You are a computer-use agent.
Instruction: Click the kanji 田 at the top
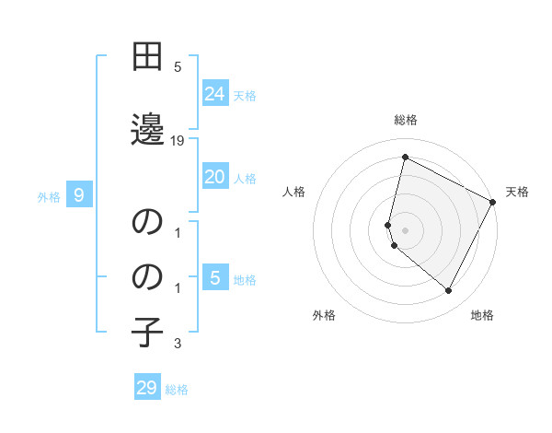coord(147,58)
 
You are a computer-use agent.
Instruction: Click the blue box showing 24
coord(215,93)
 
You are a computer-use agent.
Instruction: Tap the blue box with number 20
coord(215,176)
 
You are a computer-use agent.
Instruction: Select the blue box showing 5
coord(215,277)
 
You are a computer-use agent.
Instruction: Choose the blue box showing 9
coord(80,194)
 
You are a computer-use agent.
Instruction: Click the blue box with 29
coord(147,388)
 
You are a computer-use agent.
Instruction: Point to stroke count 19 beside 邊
coord(178,140)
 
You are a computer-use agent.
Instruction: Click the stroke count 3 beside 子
coord(178,345)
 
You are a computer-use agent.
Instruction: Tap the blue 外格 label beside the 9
coord(49,196)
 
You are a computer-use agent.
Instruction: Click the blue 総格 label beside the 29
coord(177,390)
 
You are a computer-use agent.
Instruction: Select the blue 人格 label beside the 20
coord(245,178)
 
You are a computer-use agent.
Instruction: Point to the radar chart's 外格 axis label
coord(324,315)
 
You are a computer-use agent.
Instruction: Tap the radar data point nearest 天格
coord(493,202)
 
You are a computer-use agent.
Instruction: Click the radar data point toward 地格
coord(448,291)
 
